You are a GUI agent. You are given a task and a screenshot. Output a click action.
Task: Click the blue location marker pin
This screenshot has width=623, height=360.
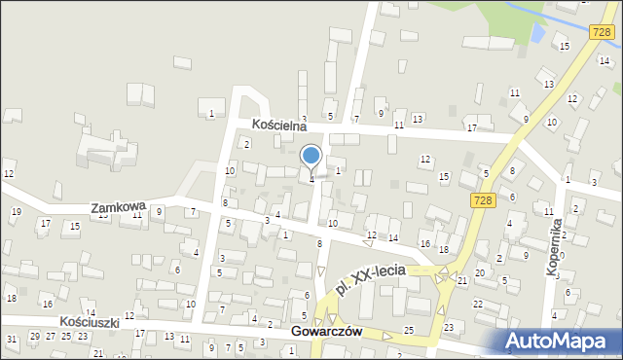[311, 157]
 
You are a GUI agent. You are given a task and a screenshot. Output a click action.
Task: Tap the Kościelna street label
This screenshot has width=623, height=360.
[279, 125]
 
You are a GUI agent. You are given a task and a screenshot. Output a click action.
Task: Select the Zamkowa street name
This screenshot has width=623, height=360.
[118, 208]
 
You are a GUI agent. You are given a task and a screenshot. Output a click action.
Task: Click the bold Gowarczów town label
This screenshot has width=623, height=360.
[326, 331]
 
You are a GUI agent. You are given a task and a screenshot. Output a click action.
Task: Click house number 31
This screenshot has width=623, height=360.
[11, 339]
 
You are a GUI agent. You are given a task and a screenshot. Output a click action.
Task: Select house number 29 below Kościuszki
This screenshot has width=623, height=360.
[35, 336]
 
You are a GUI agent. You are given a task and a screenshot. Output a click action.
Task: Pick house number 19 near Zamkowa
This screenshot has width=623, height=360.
[16, 211]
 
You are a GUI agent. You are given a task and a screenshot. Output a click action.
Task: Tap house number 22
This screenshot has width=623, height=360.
[477, 305]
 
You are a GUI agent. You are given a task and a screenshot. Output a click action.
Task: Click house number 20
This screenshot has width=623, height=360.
[479, 272]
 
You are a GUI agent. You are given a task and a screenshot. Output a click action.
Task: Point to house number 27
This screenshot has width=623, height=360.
[52, 336]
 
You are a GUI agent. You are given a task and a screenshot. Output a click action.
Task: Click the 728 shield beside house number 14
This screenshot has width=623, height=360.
[601, 32]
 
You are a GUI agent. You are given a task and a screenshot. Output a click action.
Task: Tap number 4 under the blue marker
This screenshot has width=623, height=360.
[311, 179]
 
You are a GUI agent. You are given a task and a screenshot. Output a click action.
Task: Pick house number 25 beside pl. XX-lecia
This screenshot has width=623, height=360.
[409, 331]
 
